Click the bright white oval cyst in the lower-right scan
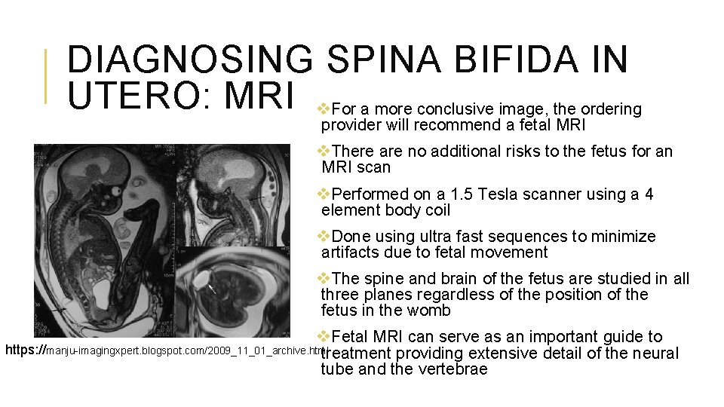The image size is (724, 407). [x=201, y=278]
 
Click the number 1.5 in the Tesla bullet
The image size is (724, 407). [x=440, y=194]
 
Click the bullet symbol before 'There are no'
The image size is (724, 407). [x=326, y=151]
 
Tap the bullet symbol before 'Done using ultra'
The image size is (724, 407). [x=326, y=237]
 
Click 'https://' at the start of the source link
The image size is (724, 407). [x=26, y=350]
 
